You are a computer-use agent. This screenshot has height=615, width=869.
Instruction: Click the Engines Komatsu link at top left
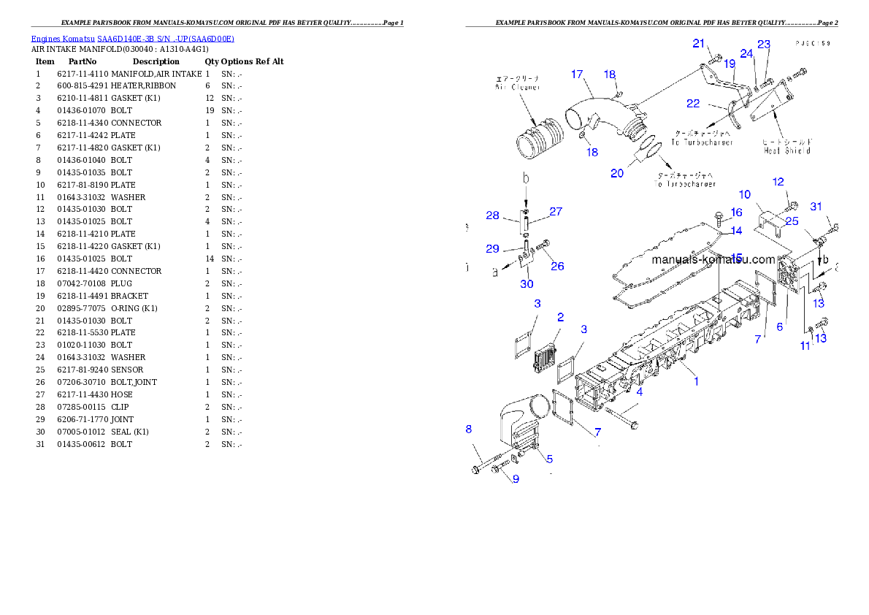click(131, 39)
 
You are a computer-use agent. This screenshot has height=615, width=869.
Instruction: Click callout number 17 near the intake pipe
click(577, 74)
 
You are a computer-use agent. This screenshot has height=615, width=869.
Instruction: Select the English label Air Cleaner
click(517, 87)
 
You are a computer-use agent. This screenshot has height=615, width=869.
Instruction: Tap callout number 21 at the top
click(699, 43)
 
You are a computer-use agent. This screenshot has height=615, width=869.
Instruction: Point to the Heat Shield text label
click(787, 150)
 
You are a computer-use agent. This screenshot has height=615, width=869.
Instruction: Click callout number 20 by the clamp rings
click(617, 173)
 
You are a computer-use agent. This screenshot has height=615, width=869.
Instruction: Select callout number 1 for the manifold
click(696, 381)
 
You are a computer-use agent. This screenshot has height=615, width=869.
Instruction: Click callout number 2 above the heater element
click(560, 317)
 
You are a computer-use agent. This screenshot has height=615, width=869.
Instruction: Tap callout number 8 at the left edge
click(469, 429)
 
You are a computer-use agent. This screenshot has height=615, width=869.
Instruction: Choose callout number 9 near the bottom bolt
click(515, 479)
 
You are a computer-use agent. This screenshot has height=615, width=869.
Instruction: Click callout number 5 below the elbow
click(549, 459)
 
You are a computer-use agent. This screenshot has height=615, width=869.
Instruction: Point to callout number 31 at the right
click(816, 207)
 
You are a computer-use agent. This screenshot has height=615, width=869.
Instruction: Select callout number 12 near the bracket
click(778, 181)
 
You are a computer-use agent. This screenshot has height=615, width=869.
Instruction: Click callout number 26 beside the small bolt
click(557, 266)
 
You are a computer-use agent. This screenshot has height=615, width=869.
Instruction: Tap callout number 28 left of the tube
click(492, 215)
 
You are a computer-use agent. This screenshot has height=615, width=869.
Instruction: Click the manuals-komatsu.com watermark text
click(713, 259)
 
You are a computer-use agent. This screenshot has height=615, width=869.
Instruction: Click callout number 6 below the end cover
click(779, 326)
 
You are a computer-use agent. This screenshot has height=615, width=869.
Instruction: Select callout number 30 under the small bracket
click(527, 283)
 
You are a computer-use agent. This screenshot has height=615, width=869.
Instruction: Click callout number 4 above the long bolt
click(639, 392)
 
